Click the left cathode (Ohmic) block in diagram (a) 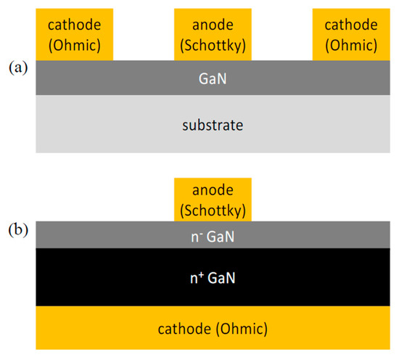pyautogui.click(x=74, y=34)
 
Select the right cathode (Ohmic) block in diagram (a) pyautogui.click(x=345, y=34)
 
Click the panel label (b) pyautogui.click(x=17, y=232)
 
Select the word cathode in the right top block pyautogui.click(x=345, y=24)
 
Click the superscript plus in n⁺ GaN pyautogui.click(x=199, y=272)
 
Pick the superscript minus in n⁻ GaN pyautogui.click(x=199, y=232)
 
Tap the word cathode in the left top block pyautogui.click(x=74, y=24)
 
